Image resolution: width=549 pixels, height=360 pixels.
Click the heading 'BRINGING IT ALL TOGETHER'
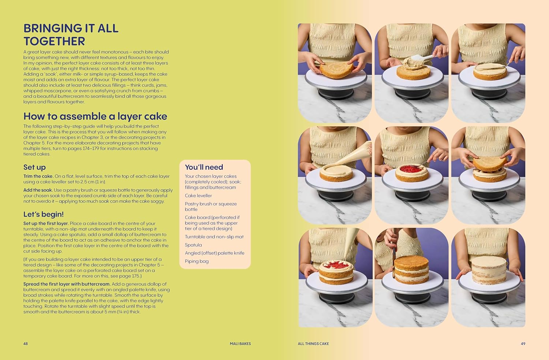(x=71, y=35)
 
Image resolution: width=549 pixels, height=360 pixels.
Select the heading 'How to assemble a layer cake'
(x=95, y=116)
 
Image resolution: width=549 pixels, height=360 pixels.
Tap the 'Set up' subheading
(x=34, y=167)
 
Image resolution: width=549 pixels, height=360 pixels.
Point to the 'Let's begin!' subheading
(x=44, y=214)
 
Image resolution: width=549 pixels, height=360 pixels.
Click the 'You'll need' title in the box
(x=204, y=167)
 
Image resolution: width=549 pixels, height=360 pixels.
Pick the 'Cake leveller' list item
(x=198, y=196)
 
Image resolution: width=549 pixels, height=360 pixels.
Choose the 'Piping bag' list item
(x=197, y=261)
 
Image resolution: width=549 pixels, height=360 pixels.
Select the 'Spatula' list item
(x=193, y=245)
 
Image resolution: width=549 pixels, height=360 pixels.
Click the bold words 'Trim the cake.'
(x=38, y=176)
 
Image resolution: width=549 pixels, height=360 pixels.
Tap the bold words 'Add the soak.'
(x=38, y=190)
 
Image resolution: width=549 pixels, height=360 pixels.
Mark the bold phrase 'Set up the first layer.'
(x=46, y=223)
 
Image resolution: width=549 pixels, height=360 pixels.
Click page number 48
(x=26, y=344)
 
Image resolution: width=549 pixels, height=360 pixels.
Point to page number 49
(x=523, y=344)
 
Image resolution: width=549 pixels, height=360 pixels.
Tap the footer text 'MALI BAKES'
(x=240, y=344)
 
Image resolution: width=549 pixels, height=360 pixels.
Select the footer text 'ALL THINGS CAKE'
(x=313, y=344)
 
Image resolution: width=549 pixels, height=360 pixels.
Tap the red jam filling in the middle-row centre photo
(x=411, y=169)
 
